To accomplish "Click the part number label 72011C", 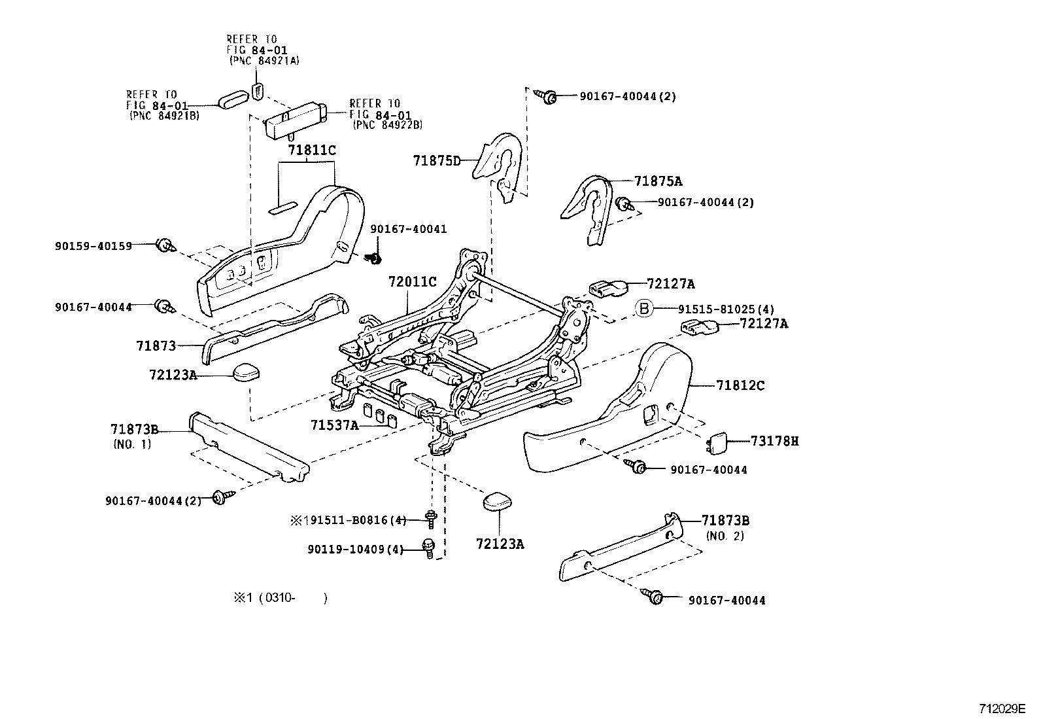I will pyautogui.click(x=411, y=282).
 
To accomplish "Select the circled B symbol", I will pyautogui.click(x=644, y=308).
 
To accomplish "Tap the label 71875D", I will pyautogui.click(x=437, y=160).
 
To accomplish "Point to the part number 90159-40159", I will pyautogui.click(x=94, y=246).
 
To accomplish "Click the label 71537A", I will pyautogui.click(x=334, y=425).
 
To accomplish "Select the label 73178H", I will pyautogui.click(x=774, y=441).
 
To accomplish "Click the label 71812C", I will pyautogui.click(x=740, y=386).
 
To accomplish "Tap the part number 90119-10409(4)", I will pyautogui.click(x=355, y=550).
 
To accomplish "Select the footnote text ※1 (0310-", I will pyautogui.click(x=278, y=598).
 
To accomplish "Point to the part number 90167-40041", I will pyautogui.click(x=409, y=228).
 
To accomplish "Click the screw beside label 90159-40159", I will pyautogui.click(x=163, y=246).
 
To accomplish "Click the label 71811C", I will pyautogui.click(x=311, y=150).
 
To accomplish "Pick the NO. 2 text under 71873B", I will pyautogui.click(x=725, y=536).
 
